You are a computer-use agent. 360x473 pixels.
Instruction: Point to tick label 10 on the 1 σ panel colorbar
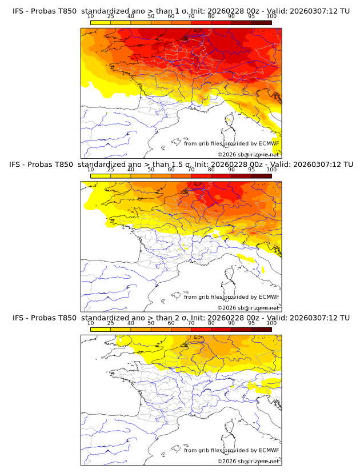(90, 16)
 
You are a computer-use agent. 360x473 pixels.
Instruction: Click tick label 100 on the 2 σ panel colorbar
(271, 323)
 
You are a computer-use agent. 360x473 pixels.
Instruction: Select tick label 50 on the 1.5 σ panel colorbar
(151, 170)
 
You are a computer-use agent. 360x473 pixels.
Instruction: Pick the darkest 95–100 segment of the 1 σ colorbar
(262, 22)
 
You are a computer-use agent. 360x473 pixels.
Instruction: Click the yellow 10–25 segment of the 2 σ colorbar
(101, 330)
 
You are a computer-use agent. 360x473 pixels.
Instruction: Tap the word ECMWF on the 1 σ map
(269, 143)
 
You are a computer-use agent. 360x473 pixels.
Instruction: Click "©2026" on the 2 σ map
(227, 461)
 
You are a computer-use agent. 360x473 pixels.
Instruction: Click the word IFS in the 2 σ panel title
(18, 318)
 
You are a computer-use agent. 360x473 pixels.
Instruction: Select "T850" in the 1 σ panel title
(65, 11)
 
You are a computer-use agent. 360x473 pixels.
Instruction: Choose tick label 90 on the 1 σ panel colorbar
(231, 16)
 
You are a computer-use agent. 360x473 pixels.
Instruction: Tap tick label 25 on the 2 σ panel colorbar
(110, 323)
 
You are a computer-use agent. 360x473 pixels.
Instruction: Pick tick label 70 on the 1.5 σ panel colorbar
(191, 170)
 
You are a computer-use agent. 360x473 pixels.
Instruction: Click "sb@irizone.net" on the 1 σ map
(258, 154)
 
